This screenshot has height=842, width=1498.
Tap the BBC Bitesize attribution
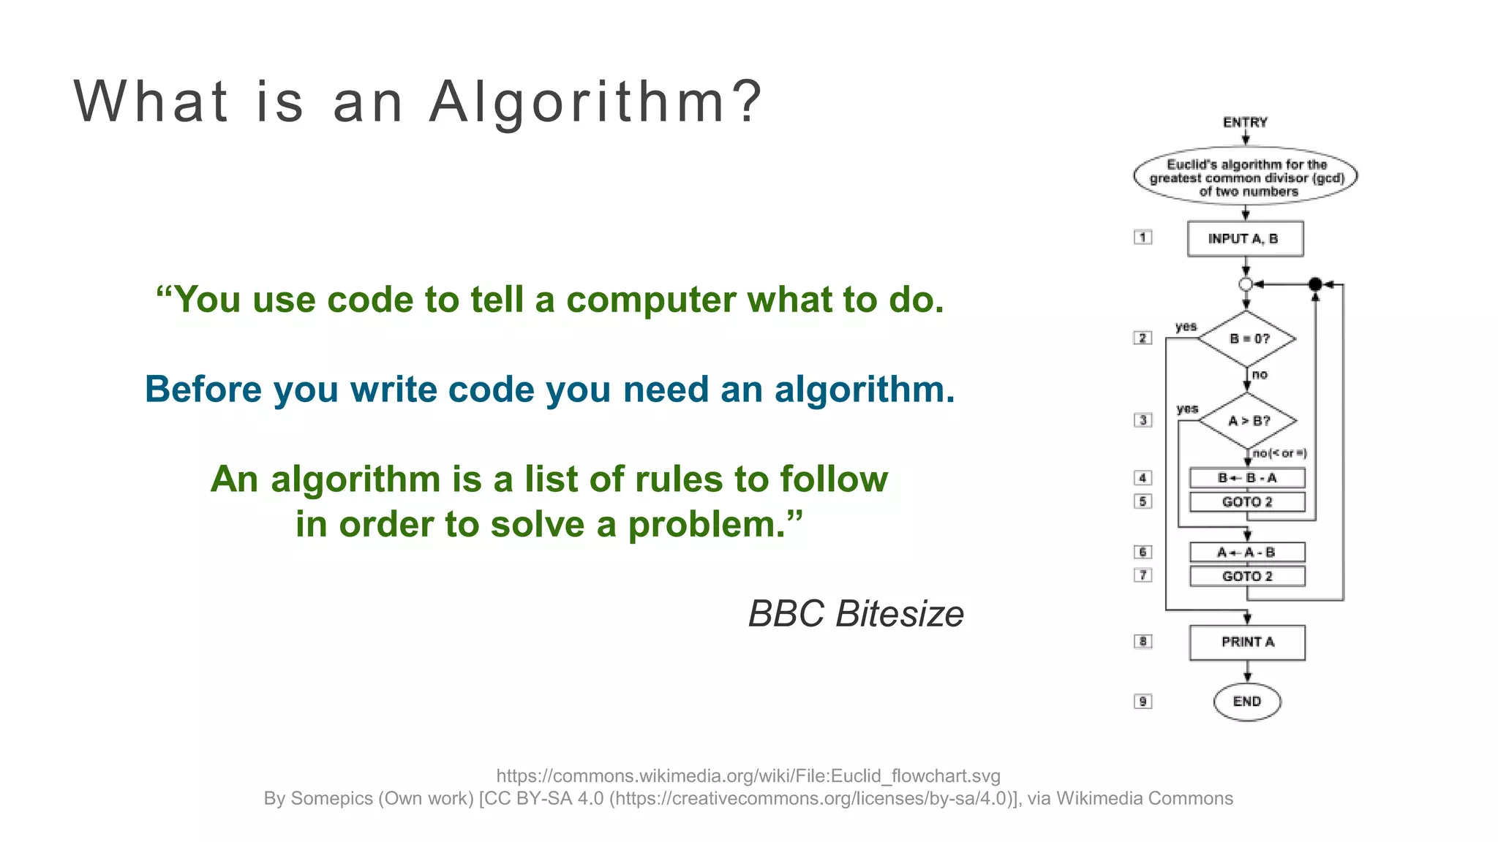[856, 613]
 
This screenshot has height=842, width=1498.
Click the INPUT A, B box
[1245, 239]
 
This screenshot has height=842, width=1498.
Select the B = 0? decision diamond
[1248, 338]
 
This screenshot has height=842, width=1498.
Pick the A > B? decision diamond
[1248, 421]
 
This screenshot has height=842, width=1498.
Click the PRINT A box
[1247, 642]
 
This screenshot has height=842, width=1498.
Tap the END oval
[1247, 702]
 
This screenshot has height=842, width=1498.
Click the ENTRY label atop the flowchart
[1245, 122]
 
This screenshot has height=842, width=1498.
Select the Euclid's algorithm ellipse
[1245, 177]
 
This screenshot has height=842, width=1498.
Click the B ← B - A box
[1247, 478]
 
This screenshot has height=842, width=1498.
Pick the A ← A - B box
[1247, 553]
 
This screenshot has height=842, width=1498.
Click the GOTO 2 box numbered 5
[1247, 502]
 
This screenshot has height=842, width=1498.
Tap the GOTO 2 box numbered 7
[1247, 577]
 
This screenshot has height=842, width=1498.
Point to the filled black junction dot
[1315, 284]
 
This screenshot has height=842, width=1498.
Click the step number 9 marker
[1143, 702]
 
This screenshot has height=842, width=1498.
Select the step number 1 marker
[1143, 238]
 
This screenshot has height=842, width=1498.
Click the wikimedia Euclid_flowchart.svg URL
[748, 775]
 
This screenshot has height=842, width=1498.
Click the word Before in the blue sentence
[203, 389]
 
